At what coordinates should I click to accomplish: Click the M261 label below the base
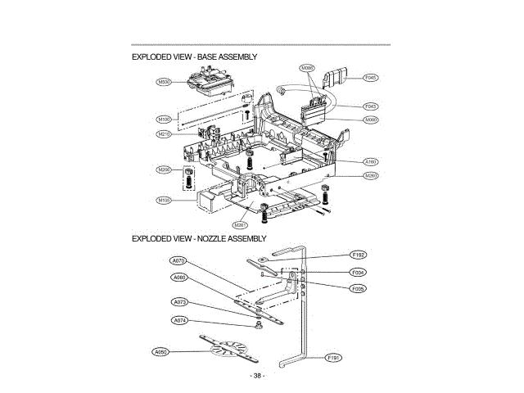pos(240,224)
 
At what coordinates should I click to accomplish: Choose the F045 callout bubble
pos(370,79)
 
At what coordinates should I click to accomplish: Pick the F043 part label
pos(370,106)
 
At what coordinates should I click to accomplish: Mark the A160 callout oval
pos(370,161)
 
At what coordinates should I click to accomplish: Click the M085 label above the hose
pos(307,68)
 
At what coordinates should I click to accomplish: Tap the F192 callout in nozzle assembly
pos(358,255)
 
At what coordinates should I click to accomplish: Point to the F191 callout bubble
pos(333,358)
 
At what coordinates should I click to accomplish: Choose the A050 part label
pos(161,351)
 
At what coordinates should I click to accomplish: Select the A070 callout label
pos(180,261)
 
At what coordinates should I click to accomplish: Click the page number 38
pos(257,376)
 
